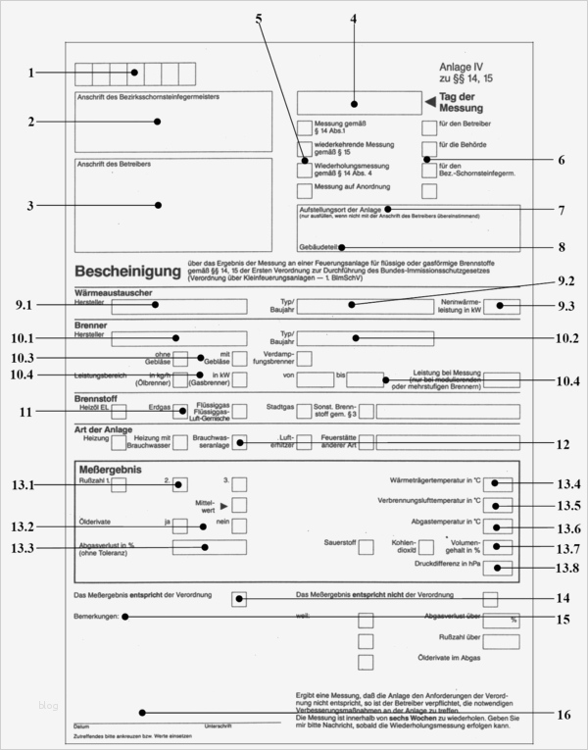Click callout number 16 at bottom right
pyautogui.click(x=563, y=714)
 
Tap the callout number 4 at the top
pyautogui.click(x=353, y=20)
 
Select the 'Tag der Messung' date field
pyautogui.click(x=355, y=102)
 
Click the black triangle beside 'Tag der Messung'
pyautogui.click(x=429, y=101)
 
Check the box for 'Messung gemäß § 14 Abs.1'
pyautogui.click(x=305, y=127)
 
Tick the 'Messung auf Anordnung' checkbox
pyautogui.click(x=305, y=186)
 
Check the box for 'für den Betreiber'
pyautogui.click(x=429, y=127)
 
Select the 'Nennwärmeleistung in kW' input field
pyautogui.click(x=502, y=306)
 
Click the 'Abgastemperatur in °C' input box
pyautogui.click(x=499, y=527)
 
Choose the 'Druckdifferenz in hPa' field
pyautogui.click(x=499, y=569)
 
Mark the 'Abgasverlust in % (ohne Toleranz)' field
pyautogui.click(x=208, y=547)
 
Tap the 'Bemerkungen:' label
pyautogui.click(x=96, y=617)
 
